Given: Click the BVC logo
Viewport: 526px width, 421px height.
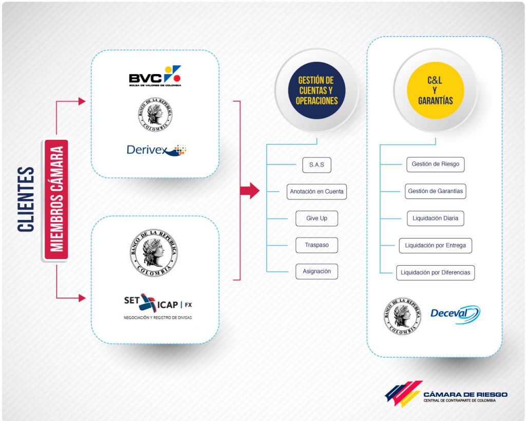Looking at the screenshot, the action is pos(155,76).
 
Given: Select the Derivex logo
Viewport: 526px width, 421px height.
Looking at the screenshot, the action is pos(156,150).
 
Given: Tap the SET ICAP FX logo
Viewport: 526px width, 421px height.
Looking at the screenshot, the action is pos(158,306).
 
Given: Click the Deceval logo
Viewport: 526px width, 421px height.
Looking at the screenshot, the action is pos(455,315).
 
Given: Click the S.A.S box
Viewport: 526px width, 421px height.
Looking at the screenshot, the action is pos(316,165).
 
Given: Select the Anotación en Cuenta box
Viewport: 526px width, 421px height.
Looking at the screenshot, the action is pos(316,192).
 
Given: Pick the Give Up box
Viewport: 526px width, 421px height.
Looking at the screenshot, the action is pos(316,218).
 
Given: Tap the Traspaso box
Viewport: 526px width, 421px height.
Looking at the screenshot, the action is pos(316,245).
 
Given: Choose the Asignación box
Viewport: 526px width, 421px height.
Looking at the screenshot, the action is pos(316,271).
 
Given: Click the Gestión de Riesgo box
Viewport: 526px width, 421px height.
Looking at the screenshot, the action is pos(436,164).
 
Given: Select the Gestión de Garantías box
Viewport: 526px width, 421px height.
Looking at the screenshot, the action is pos(436,191).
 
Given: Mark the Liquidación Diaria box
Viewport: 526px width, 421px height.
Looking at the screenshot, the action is pos(436,218).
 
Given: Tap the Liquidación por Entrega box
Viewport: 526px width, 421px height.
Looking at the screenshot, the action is pos(436,245).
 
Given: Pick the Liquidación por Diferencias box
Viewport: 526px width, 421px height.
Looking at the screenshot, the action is pos(436,272).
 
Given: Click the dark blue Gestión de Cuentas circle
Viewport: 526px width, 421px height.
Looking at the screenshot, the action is pos(316,90).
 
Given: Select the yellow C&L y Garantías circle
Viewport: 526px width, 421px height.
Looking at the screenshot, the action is pos(436,90).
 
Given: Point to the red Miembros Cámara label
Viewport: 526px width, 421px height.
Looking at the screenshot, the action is pos(57,199).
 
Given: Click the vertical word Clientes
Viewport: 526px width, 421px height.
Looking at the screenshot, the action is pos(26,199).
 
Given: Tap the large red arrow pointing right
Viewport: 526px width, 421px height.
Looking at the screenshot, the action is pos(250,191).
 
